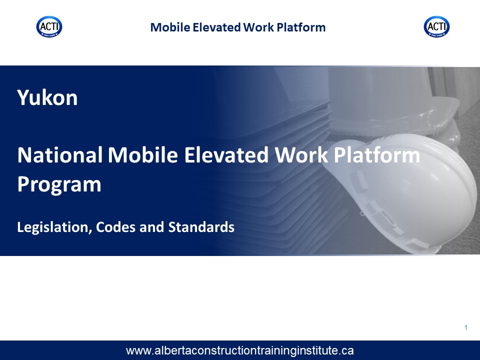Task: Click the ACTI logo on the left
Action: pyautogui.click(x=49, y=26)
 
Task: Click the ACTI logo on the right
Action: pyautogui.click(x=437, y=26)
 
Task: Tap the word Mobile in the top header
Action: pyautogui.click(x=170, y=27)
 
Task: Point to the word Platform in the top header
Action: pyautogui.click(x=301, y=27)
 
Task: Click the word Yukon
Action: pyautogui.click(x=47, y=97)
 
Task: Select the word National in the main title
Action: pyautogui.click(x=60, y=155)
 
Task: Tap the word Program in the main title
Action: pyautogui.click(x=59, y=184)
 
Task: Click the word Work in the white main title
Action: pyautogui.click(x=301, y=155)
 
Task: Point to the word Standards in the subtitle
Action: pyautogui.click(x=201, y=227)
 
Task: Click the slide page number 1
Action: pyautogui.click(x=465, y=327)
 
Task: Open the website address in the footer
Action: pyautogui.click(x=239, y=350)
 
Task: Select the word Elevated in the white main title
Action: pyautogui.click(x=226, y=155)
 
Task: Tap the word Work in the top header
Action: pyautogui.click(x=258, y=27)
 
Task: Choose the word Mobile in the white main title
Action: pyautogui.click(x=143, y=155)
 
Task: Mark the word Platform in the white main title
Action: pyautogui.click(x=377, y=155)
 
